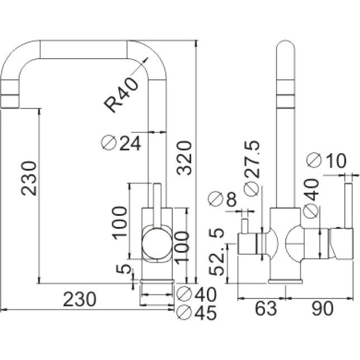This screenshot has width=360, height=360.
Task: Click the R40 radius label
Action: coord(121,94)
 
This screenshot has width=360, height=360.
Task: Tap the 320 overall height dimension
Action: coord(184,158)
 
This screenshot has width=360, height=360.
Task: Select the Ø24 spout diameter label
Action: coord(121,143)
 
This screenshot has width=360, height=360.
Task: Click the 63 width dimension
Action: coord(266,309)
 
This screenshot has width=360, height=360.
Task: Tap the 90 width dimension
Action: coord(322,309)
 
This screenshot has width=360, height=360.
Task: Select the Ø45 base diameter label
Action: coord(197,312)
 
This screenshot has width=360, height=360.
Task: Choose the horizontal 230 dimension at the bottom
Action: coord(79,299)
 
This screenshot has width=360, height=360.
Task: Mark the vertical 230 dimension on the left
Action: coord(29,178)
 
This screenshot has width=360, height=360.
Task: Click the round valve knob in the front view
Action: coord(157,244)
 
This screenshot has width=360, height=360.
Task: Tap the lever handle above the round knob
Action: coord(157,206)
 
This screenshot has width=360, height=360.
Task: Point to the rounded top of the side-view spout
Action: coord(286,45)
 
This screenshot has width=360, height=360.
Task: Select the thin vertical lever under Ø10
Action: coord(349,206)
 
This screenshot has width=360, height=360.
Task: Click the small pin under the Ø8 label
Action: coord(245,226)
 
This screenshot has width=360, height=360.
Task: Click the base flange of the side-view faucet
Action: coord(286,282)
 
